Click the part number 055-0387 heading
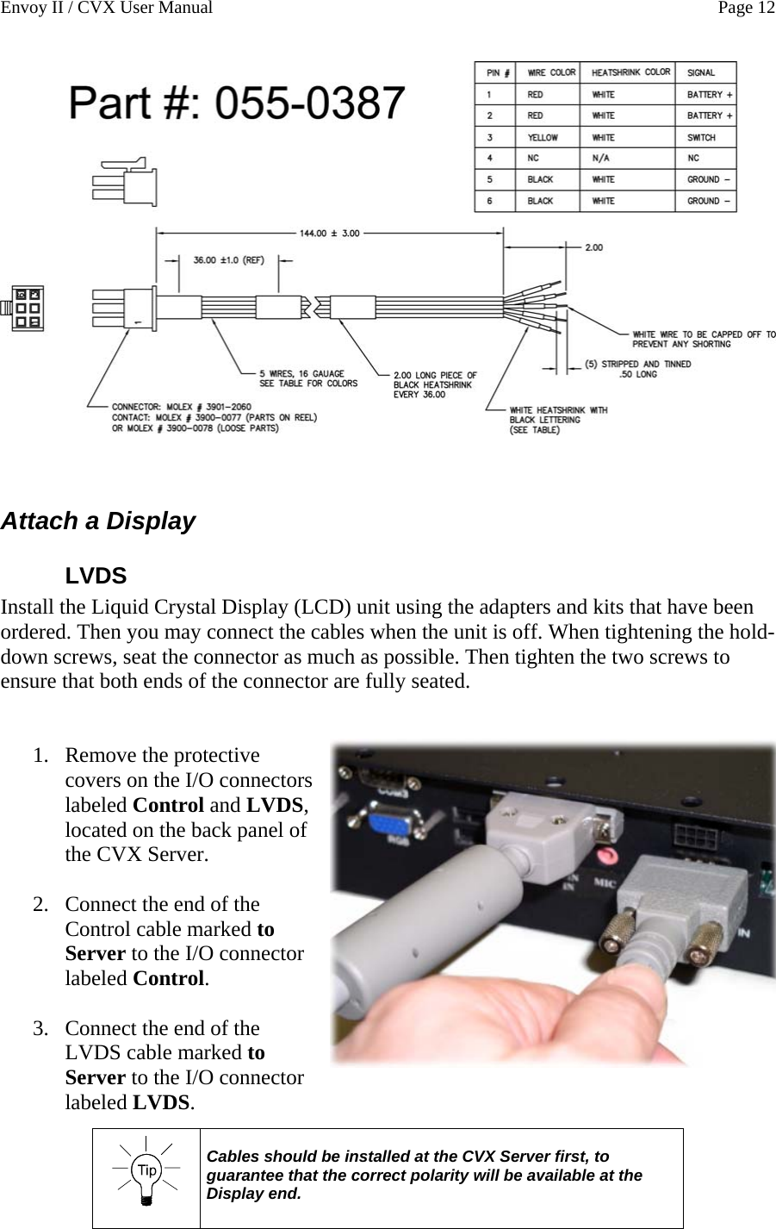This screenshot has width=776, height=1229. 237,104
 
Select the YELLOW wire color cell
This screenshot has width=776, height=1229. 543,137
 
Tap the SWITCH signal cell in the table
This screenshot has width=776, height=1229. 701,137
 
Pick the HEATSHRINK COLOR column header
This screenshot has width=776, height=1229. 630,72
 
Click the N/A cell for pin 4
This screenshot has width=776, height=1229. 602,159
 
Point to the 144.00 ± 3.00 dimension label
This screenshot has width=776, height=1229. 330,233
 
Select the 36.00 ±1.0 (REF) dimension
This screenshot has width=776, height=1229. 228,259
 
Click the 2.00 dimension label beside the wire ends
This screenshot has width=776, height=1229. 594,247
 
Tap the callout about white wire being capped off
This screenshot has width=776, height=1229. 703,339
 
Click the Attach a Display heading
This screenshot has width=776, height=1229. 98,521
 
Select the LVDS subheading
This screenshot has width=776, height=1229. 96,575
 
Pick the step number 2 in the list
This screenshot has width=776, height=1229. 40,905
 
